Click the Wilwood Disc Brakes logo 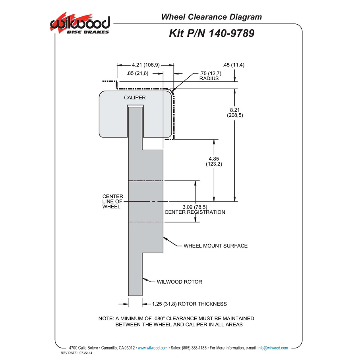(x=80, y=23)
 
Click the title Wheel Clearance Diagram (x=211, y=17)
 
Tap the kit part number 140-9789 (x=231, y=33)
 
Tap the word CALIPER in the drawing (x=135, y=98)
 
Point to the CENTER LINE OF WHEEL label (x=113, y=201)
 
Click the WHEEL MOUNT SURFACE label (x=216, y=246)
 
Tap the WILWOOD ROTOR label (x=179, y=282)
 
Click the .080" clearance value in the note (x=159, y=318)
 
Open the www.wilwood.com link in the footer (x=153, y=348)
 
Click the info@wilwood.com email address (x=273, y=348)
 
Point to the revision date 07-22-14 (x=86, y=353)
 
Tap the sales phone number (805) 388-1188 (x=194, y=348)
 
